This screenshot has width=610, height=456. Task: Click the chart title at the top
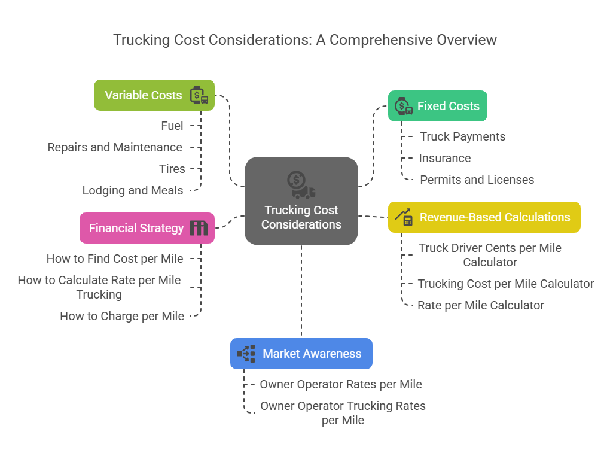tap(305, 40)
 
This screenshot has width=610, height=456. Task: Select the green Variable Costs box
tap(154, 95)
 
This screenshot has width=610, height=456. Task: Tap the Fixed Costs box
tap(437, 106)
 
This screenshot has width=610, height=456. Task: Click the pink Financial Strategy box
tap(147, 228)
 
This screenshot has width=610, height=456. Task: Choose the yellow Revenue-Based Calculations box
tap(484, 217)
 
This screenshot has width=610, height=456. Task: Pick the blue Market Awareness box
tap(301, 354)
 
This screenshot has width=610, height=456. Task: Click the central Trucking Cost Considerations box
tap(301, 201)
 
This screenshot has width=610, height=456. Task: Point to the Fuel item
tap(172, 126)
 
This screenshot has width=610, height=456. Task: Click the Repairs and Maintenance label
tap(115, 147)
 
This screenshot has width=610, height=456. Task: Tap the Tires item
tap(172, 169)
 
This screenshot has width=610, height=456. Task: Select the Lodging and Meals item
tap(133, 190)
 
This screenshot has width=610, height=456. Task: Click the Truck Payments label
tap(462, 136)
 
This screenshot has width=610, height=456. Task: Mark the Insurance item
tap(444, 158)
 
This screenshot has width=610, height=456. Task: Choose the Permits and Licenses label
tap(477, 180)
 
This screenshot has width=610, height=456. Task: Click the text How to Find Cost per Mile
tap(115, 259)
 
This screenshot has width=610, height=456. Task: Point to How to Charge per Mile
tap(122, 316)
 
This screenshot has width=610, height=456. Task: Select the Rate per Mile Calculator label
tap(481, 305)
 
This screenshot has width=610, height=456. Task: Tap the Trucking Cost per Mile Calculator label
tap(505, 284)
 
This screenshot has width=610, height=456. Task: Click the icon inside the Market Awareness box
tap(246, 354)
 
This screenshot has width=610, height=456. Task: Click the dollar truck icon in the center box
tap(301, 184)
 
